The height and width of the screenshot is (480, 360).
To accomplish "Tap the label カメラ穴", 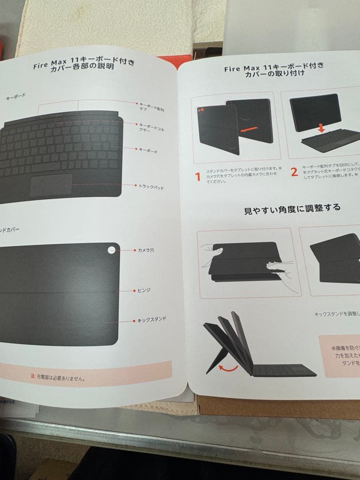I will point(146,251).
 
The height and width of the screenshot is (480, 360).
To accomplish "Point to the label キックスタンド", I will point(152,320).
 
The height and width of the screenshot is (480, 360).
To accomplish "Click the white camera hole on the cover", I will point(112,250).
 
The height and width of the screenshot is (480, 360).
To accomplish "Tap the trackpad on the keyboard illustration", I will point(51,184).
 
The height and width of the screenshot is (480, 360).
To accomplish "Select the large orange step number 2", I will point(294,172).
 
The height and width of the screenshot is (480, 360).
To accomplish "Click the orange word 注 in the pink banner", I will point(32,376).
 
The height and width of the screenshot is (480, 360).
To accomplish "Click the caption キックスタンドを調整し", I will point(336,314).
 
